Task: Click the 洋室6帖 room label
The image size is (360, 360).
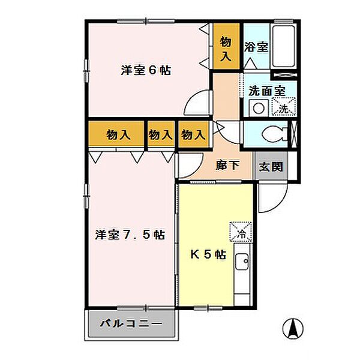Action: coord(146,70)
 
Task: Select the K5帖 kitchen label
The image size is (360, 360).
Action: coord(208,254)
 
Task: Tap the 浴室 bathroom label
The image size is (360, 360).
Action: coord(256,47)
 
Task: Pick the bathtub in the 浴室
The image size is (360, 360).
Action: coord(283,47)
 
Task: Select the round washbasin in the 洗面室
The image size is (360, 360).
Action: coord(258,109)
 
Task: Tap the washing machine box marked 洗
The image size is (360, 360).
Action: coord(283,109)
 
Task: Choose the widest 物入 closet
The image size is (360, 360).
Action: coord(117,134)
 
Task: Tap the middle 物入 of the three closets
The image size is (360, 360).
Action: coord(160,134)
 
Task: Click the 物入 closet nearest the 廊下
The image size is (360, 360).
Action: coord(193,134)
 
